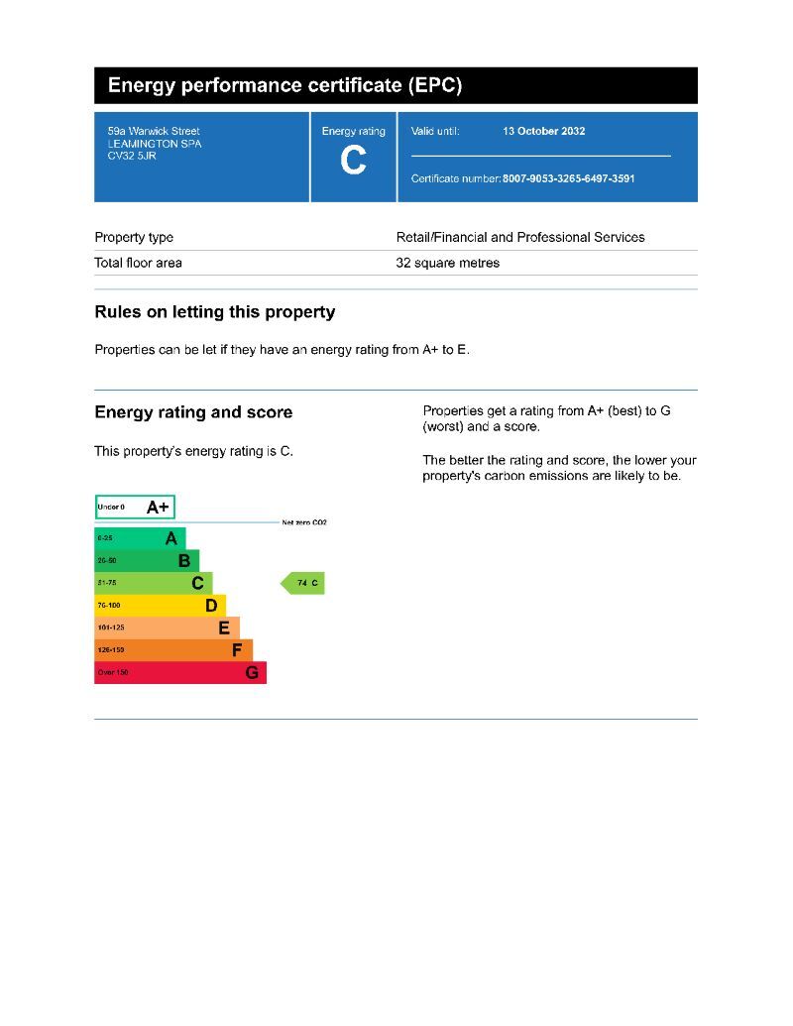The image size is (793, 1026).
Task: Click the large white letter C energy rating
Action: point(353,161)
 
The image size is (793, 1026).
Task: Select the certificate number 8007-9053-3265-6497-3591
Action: point(568,179)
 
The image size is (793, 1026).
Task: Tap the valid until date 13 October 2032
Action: point(543,131)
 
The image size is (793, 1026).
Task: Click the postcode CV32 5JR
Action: point(132,156)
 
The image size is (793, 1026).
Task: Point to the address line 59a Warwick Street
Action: point(154,131)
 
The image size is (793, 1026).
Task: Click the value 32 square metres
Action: point(447,263)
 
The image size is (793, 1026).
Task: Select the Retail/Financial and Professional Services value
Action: point(519,237)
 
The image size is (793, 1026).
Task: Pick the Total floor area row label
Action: point(138,263)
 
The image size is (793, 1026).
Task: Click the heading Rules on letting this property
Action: point(214,312)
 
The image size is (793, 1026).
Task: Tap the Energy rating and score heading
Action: point(193,412)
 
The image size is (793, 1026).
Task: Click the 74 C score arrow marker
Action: point(304,583)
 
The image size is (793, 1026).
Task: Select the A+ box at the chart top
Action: point(135,508)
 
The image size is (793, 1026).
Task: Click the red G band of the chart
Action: point(179,672)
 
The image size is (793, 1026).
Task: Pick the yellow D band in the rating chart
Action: point(159,605)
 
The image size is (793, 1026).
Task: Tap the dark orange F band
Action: point(172,649)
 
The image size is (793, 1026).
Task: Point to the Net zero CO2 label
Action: point(303,522)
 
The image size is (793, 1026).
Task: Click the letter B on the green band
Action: point(183,560)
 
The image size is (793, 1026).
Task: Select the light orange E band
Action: point(166,627)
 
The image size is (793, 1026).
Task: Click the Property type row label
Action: point(134,237)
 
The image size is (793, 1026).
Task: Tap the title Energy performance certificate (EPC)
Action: point(284,85)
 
